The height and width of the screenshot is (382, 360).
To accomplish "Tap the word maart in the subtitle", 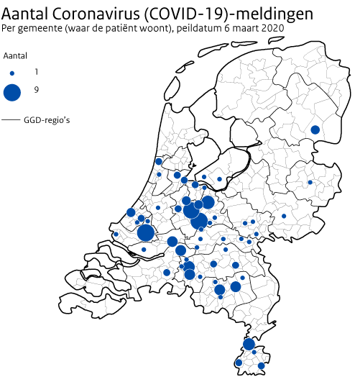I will point(250,29).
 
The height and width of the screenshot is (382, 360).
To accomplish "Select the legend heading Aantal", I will point(15,56).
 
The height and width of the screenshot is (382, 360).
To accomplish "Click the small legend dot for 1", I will point(12,73).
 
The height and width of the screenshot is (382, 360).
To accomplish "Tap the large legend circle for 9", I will point(12,92).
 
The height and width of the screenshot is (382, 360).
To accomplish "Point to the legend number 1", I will point(37,73).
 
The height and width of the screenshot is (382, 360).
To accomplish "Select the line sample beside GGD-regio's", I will point(11,119).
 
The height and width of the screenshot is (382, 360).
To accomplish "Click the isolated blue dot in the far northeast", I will point(315,129).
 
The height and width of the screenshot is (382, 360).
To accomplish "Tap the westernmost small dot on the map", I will point(116,235).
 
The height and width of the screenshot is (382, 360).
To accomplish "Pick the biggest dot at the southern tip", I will point(249,345).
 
